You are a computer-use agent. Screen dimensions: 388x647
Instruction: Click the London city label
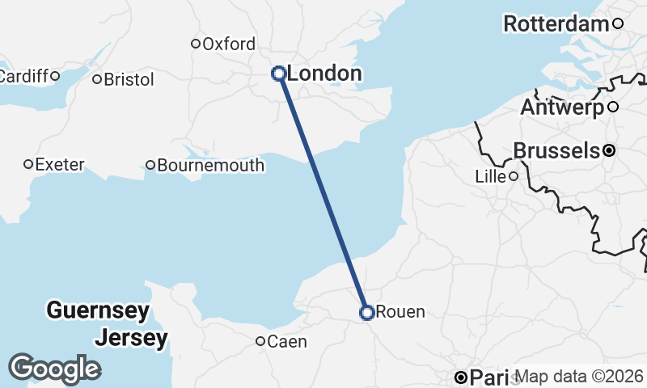324,74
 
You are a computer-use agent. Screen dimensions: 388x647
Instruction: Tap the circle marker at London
278,74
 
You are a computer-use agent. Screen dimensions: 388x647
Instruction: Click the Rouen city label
400,312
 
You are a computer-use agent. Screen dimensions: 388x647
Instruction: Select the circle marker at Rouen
366,312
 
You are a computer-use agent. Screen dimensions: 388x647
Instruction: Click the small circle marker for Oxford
195,44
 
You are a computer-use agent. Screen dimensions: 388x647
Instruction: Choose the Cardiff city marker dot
55,76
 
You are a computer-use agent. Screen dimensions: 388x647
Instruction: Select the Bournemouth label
210,166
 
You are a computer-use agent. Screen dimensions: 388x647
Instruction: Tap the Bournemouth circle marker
150,166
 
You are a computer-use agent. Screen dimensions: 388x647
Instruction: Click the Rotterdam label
556,24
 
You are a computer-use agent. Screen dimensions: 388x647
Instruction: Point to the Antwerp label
562,107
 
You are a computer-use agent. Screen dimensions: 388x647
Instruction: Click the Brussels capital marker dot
608,150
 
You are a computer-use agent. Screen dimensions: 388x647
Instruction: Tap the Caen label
287,342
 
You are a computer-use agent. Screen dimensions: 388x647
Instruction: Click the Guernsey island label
98,310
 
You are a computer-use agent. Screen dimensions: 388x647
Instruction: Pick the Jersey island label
131,337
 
